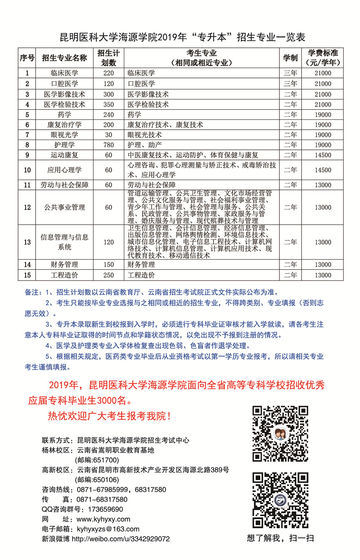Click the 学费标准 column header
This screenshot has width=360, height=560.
coord(323,58)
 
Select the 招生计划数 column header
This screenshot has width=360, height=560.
coord(108,58)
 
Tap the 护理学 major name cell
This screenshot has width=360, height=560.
coord(64,145)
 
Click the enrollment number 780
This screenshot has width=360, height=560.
coord(108,145)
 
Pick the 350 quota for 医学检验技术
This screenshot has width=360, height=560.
coord(108,104)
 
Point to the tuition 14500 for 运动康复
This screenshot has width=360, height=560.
coord(323,155)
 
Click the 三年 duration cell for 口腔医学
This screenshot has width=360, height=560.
coord(290,84)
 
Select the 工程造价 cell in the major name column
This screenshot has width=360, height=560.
coord(64,275)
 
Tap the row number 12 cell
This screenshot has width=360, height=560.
coord(27,208)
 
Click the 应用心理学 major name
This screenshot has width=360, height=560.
coord(64,170)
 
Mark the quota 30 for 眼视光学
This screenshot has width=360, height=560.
coord(108,135)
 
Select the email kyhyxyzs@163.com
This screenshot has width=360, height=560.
coord(108,529)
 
